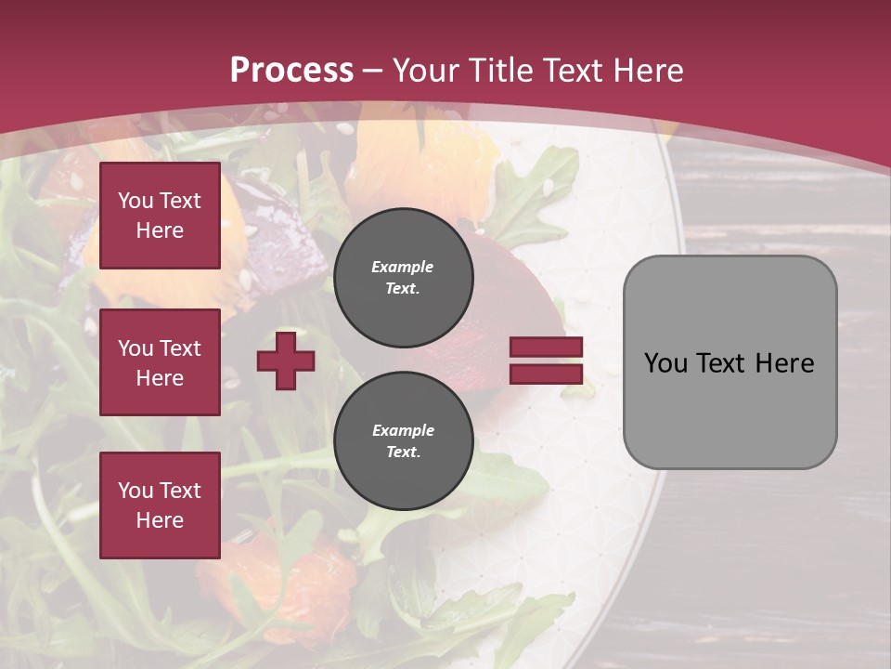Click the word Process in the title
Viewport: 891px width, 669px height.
[291, 71]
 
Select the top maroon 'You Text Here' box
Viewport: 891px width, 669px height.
[160, 216]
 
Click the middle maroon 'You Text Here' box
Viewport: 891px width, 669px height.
[160, 362]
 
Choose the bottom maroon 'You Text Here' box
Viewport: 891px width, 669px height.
[160, 505]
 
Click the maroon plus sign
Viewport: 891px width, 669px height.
[286, 361]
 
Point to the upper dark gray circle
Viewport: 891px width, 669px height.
[404, 277]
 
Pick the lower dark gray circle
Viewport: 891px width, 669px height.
[404, 440]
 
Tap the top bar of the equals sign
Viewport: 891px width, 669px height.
[546, 347]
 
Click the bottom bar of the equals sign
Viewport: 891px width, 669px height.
[546, 374]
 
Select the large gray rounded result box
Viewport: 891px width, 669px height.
[730, 362]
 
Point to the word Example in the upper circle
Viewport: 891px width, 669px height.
[402, 267]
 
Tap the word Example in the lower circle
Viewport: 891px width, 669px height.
[403, 430]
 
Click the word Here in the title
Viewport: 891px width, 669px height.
[650, 71]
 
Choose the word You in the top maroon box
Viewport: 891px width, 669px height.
[136, 201]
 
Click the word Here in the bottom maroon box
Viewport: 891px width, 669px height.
[160, 520]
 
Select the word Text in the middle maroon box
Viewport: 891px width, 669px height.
[180, 348]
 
